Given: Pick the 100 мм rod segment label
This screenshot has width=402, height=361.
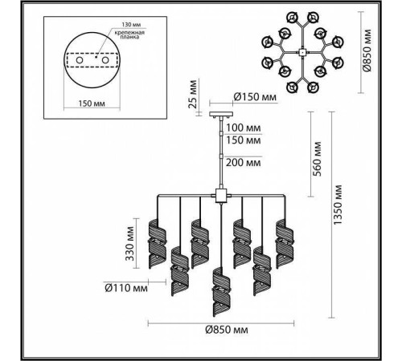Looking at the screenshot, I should tap(244, 128).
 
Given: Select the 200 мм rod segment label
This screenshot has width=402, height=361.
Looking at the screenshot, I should tap(244, 161).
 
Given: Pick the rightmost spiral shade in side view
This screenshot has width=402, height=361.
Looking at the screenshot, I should tap(283, 240).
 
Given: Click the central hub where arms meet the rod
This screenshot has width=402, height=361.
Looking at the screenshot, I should tap(219, 194).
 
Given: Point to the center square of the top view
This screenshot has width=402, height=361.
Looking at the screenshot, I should tap(299, 52).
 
